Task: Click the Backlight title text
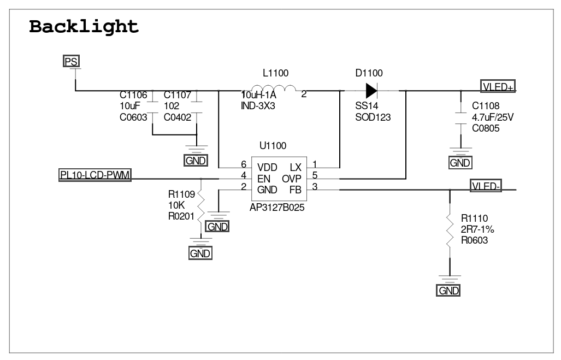pyautogui.click(x=84, y=27)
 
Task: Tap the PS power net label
pyautogui.click(x=71, y=61)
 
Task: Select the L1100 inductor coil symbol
pyautogui.click(x=273, y=88)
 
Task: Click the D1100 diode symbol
pyautogui.click(x=371, y=91)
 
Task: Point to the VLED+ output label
pyautogui.click(x=498, y=86)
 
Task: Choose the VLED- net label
pyautogui.click(x=486, y=186)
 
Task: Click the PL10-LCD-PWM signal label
pyautogui.click(x=95, y=175)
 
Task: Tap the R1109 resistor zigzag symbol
pyautogui.click(x=200, y=208)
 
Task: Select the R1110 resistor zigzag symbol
pyautogui.click(x=450, y=230)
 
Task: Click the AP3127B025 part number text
pyautogui.click(x=277, y=208)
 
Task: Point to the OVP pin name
pyautogui.click(x=292, y=179)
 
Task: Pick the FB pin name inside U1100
pyautogui.click(x=296, y=190)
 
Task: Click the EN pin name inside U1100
pyautogui.click(x=264, y=179)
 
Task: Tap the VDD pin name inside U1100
pyautogui.click(x=267, y=168)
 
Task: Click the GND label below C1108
pyautogui.click(x=460, y=163)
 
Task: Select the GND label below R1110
pyautogui.click(x=448, y=290)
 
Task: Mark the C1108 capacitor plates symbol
pyautogui.click(x=460, y=119)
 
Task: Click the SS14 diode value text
pyautogui.click(x=367, y=106)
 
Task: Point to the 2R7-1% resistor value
pyautogui.click(x=477, y=229)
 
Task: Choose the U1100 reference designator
pyautogui.click(x=273, y=146)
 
